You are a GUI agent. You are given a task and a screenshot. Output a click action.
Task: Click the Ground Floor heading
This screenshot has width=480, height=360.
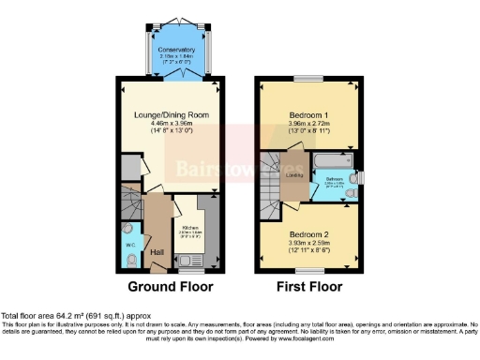171,286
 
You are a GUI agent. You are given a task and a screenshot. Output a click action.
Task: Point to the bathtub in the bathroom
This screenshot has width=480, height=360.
333,159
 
